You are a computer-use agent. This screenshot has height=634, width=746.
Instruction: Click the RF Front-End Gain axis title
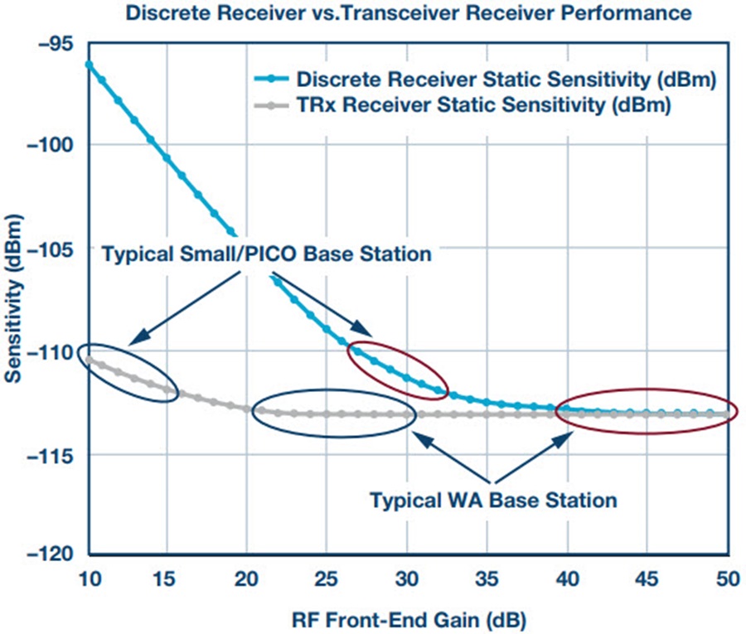(408, 617)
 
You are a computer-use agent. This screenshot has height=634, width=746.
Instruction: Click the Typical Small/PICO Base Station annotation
(266, 255)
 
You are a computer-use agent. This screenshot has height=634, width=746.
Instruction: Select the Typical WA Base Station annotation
(493, 501)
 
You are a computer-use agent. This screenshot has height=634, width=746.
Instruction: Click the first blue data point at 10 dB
(88, 65)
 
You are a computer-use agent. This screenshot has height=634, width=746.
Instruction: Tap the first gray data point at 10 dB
(88, 358)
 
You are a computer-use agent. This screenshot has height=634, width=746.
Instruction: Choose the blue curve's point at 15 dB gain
(167, 157)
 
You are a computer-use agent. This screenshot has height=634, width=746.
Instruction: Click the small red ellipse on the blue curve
(398, 370)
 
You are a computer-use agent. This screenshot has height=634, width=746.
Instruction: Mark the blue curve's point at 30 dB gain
(408, 376)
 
